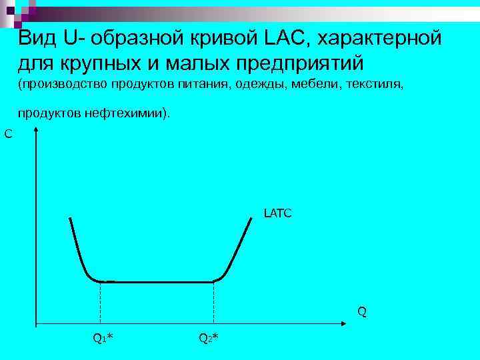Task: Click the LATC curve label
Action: [277, 214]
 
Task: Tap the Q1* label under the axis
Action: [103, 338]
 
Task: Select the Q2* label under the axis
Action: [209, 338]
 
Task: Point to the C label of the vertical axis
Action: [8, 135]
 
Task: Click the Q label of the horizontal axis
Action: [361, 311]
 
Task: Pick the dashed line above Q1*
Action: [100, 303]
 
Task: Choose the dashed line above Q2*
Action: [213, 303]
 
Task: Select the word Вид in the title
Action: [39, 38]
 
